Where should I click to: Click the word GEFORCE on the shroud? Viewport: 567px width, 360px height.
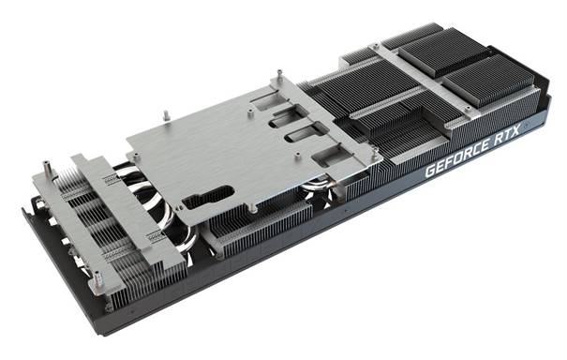457,157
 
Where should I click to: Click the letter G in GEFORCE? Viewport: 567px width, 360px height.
430,171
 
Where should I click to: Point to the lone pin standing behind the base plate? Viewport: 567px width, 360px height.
166,115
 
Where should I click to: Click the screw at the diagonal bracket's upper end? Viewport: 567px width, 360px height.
377,46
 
